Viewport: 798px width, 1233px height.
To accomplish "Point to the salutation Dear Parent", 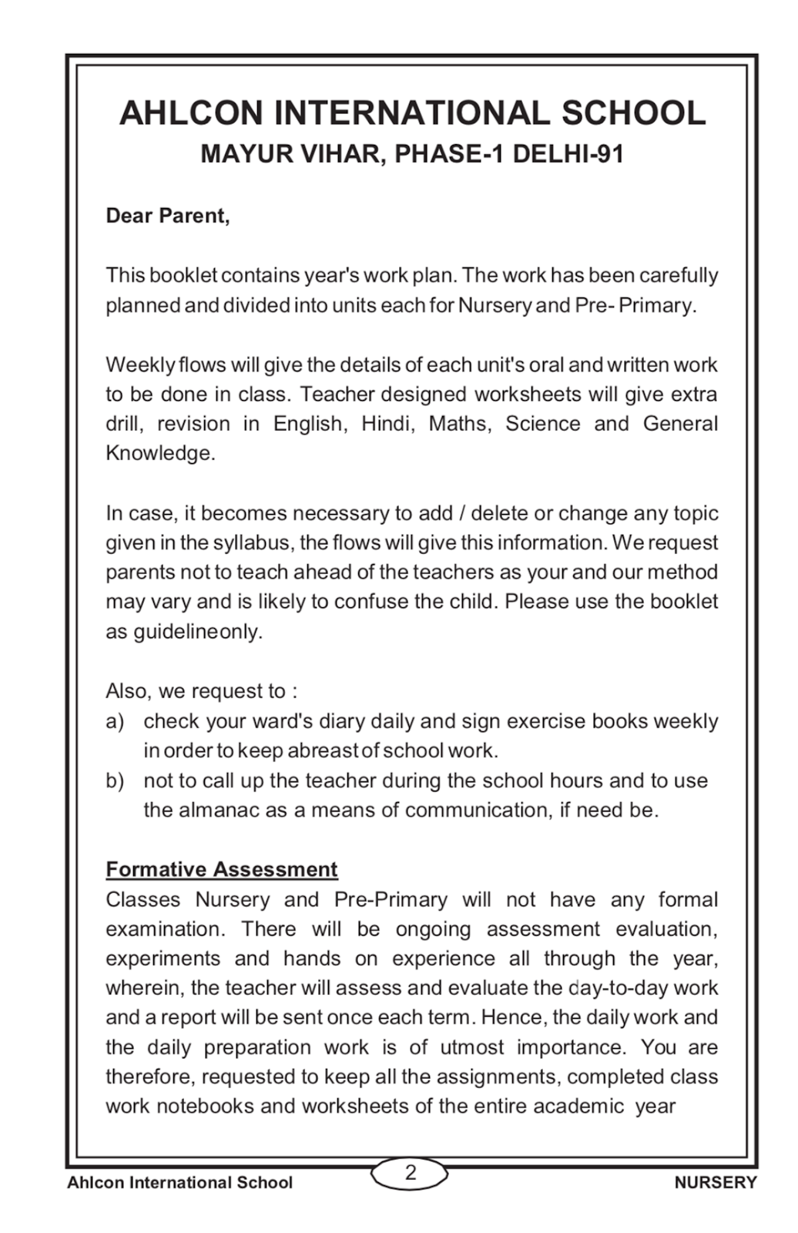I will point(167,216).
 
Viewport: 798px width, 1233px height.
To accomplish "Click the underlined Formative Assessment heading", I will point(221,869).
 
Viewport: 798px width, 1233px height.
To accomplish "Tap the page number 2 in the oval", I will point(411,1172).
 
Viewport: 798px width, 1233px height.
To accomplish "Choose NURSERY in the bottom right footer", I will point(716,1182).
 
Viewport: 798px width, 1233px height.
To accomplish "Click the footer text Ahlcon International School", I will point(179,1182).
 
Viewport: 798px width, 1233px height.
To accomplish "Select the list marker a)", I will point(115,721).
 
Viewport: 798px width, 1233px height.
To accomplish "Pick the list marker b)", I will point(115,781).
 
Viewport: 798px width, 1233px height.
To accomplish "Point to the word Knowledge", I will point(159,453).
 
